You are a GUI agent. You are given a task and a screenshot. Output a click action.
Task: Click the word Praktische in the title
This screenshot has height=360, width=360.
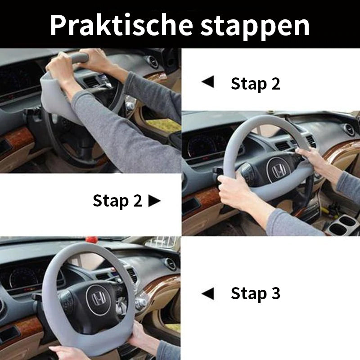[x=121, y=25]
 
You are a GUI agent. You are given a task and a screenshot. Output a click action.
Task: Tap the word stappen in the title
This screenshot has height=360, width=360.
[x=255, y=26]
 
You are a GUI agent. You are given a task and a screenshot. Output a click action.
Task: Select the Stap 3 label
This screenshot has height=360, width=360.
[x=255, y=293]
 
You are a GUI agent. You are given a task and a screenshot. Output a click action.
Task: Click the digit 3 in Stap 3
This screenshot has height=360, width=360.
[x=275, y=293]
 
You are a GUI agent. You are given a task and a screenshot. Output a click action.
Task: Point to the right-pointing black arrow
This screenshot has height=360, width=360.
[x=154, y=201]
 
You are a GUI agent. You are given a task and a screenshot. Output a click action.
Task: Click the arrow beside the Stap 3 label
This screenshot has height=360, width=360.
[x=208, y=294]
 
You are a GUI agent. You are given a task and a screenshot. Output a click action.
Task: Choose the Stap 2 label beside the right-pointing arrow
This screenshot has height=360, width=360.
[x=117, y=201]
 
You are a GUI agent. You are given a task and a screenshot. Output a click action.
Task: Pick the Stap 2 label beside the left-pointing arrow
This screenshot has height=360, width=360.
[x=255, y=83]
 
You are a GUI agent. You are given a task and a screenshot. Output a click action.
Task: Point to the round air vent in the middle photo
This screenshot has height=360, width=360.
[x=348, y=130]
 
